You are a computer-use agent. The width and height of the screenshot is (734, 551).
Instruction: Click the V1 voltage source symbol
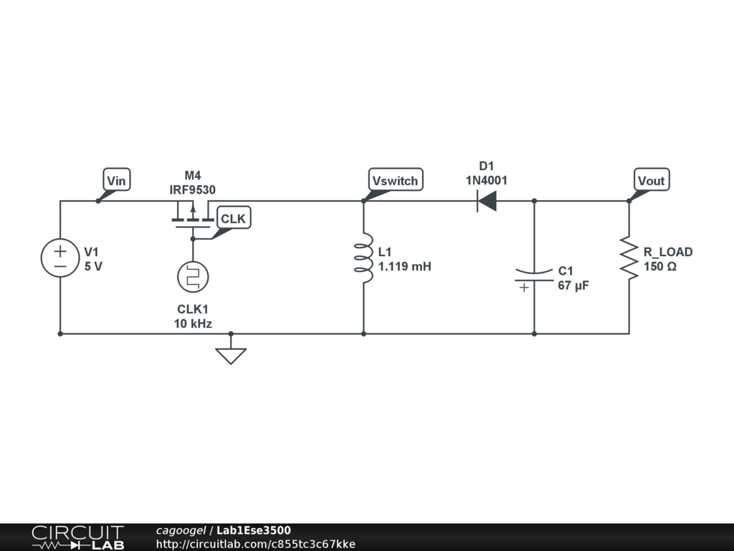[59, 258]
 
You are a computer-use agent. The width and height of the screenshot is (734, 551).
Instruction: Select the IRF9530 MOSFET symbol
[191, 216]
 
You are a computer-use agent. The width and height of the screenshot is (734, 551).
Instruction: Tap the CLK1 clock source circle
[192, 276]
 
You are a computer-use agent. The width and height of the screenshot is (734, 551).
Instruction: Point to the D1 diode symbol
[487, 202]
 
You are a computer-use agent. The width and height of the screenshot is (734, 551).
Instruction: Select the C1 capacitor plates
[534, 276]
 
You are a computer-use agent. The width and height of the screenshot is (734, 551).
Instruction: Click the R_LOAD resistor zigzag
[629, 258]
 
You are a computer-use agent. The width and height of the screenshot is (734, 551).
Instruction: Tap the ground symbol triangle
[231, 355]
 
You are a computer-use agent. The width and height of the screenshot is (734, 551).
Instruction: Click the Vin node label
[115, 180]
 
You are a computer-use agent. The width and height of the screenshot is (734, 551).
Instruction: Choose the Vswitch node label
[395, 180]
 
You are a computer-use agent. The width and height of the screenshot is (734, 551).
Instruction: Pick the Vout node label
[651, 180]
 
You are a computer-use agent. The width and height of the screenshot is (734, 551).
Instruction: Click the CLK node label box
[233, 219]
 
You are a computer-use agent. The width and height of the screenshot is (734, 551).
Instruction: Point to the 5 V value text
[93, 266]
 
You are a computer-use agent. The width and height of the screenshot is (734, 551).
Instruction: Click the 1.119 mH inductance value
[404, 266]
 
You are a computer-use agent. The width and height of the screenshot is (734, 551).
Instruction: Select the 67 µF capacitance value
[573, 285]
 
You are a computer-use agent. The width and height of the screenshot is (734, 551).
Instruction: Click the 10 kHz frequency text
[193, 324]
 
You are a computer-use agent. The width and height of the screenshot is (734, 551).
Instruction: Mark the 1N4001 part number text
[487, 181]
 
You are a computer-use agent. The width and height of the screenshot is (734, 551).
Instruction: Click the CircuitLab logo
[77, 537]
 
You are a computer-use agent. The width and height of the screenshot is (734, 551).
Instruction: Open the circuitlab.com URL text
[255, 544]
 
